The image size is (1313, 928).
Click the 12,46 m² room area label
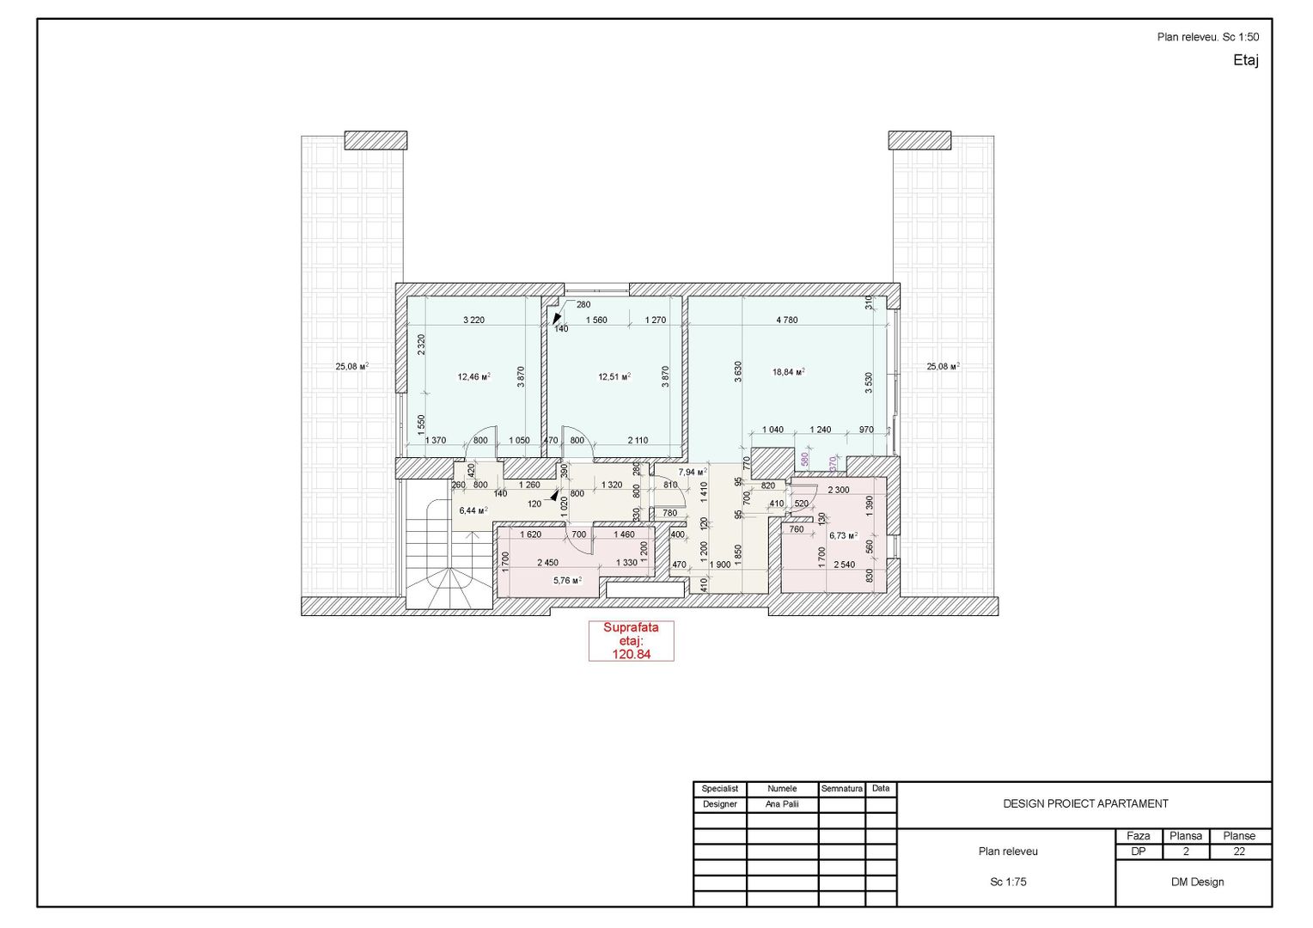click(473, 376)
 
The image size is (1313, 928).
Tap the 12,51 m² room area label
click(614, 376)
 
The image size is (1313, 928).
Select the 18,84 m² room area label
click(788, 372)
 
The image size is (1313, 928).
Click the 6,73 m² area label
click(843, 535)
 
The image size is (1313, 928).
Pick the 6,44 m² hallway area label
click(473, 510)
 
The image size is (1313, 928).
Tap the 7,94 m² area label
click(692, 472)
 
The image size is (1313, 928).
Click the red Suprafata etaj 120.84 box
click(631, 641)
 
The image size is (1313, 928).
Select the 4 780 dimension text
click(786, 320)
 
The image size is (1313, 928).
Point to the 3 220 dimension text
click(473, 320)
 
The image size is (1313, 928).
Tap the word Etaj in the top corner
click(1246, 60)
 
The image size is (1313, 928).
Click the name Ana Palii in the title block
click(782, 804)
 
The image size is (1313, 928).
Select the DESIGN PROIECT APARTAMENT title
click(1085, 804)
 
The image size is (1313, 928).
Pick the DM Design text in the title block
click(1197, 882)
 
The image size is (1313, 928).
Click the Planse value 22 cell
click(1239, 852)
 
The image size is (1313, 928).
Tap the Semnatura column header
click(841, 789)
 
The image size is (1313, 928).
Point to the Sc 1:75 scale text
click(1008, 882)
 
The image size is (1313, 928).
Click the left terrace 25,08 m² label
click(351, 366)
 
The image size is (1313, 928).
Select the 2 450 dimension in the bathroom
click(547, 563)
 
